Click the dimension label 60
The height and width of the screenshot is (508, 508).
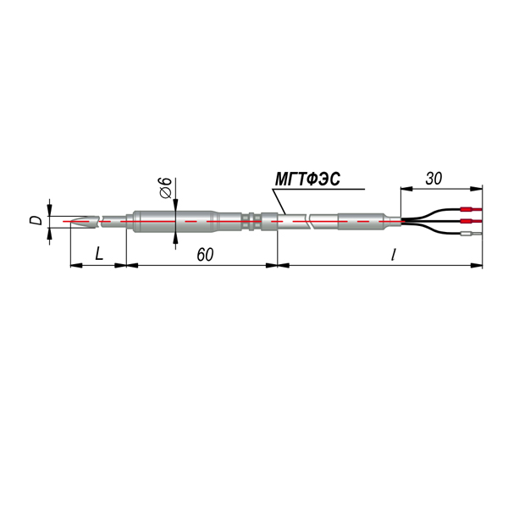pyautogui.click(x=205, y=255)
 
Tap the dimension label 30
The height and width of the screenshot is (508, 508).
pyautogui.click(x=433, y=179)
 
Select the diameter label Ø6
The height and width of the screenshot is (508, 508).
pyautogui.click(x=165, y=188)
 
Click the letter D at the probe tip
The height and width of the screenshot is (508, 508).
pyautogui.click(x=36, y=221)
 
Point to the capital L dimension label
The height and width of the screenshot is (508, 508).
pyautogui.click(x=99, y=254)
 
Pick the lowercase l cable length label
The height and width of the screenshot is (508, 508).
pyautogui.click(x=393, y=254)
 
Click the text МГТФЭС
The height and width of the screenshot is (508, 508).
pyautogui.click(x=307, y=179)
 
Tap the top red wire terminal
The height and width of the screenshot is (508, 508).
pyautogui.click(x=471, y=209)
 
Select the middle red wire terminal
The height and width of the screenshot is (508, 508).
pyautogui.click(x=471, y=222)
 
